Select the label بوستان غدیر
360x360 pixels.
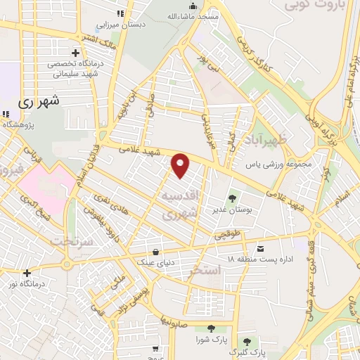[x=229, y=210]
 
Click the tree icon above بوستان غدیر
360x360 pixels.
[x=233, y=198]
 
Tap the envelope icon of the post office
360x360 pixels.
[x=261, y=248]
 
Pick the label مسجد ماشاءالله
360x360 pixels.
[x=193, y=15]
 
